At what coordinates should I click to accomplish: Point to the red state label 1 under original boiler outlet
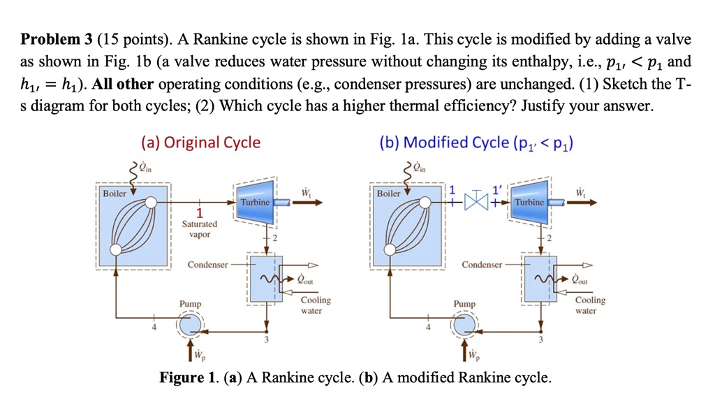click(x=200, y=213)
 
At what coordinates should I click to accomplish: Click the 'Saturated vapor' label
click(x=200, y=229)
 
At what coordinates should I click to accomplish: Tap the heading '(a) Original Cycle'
click(x=200, y=143)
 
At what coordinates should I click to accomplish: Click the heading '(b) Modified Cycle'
click(x=474, y=143)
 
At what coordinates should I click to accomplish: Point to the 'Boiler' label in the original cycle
click(x=115, y=193)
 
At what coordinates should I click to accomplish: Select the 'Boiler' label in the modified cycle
click(x=389, y=193)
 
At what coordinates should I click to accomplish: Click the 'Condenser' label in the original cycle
click(x=207, y=265)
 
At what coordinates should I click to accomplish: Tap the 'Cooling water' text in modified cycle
click(x=590, y=305)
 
